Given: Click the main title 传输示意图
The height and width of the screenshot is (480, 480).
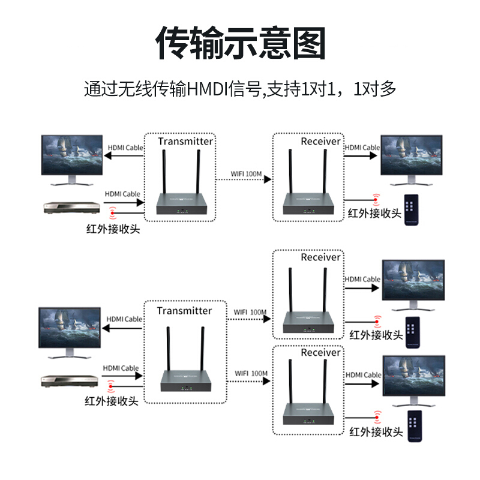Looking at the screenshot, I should (x=240, y=43).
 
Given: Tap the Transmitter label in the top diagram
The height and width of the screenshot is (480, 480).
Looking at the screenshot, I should (x=185, y=142).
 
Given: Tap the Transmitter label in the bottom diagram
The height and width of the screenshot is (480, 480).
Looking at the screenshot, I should (x=184, y=311).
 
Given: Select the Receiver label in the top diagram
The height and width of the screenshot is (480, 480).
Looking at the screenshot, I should (x=320, y=142).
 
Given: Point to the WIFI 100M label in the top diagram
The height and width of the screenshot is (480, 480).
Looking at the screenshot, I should (x=247, y=175).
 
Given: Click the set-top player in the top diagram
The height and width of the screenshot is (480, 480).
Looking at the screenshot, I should (x=71, y=207).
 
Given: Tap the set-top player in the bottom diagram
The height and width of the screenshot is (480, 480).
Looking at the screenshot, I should (x=68, y=380).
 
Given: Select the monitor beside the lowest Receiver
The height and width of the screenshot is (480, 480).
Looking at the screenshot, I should (x=414, y=379).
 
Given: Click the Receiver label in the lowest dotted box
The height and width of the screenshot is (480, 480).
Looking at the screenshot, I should (x=320, y=353).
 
